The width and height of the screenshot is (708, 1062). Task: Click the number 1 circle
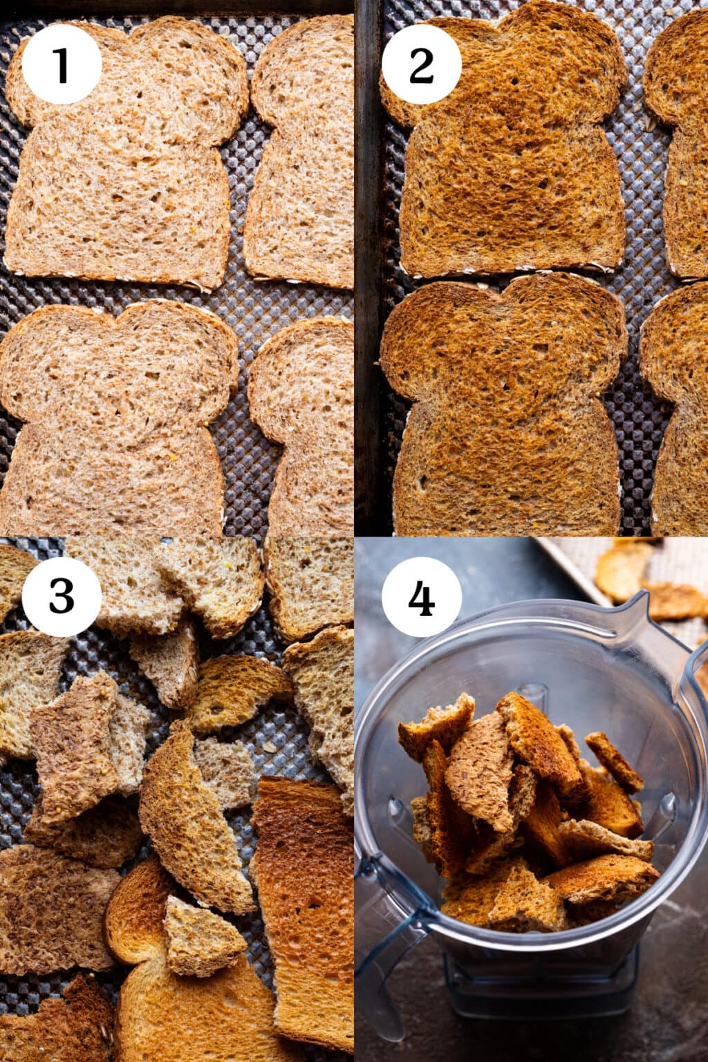[62, 64]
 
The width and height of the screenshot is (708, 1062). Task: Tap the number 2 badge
[421, 64]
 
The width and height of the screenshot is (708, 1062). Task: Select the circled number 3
[62, 597]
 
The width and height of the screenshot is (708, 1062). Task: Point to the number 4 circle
[421, 597]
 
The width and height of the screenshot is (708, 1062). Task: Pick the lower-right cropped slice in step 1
[308, 429]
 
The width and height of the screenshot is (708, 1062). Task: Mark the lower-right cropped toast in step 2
[678, 415]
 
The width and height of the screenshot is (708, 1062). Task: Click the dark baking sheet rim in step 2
[367, 277]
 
